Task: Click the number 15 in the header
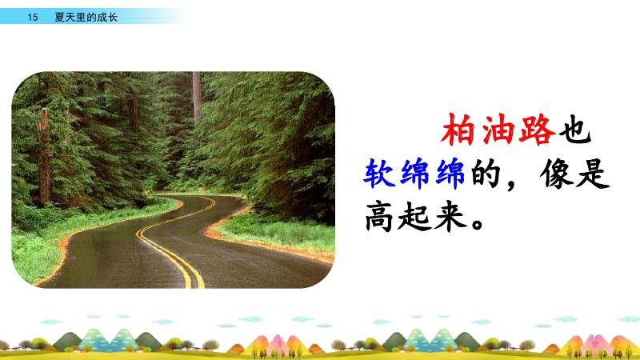[33, 17]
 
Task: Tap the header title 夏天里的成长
[86, 17]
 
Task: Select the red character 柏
[458, 130]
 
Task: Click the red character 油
[497, 130]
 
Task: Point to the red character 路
[536, 130]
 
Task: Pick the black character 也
[574, 130]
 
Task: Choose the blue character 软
[379, 174]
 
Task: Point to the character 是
[593, 174]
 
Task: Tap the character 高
[379, 216]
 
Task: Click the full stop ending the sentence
[477, 224]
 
